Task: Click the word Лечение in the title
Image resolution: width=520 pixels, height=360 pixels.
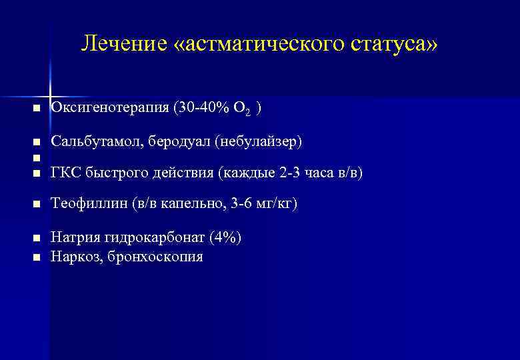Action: pyautogui.click(x=121, y=44)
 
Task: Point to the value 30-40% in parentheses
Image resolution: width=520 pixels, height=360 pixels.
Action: pyautogui.click(x=202, y=108)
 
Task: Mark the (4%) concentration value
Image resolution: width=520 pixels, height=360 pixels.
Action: pyautogui.click(x=225, y=237)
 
